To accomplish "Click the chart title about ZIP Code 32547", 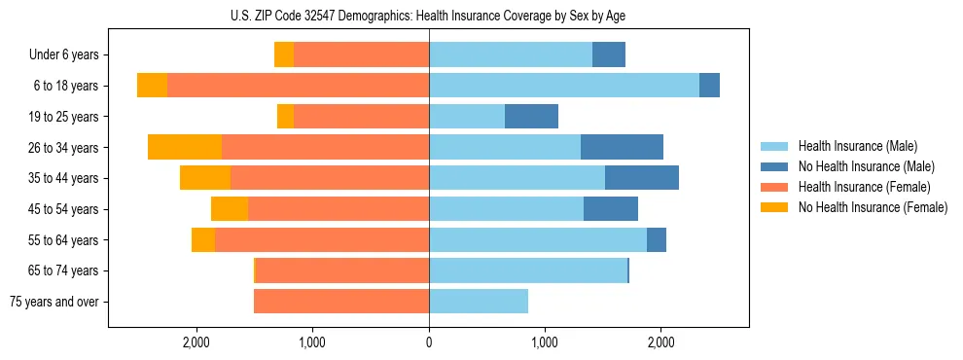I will pos(429,16).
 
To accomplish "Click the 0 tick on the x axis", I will pos(429,342).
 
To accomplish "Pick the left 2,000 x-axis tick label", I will pos(196,342).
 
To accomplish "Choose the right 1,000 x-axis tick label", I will pos(545,342).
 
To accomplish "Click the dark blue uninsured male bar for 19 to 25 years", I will pos(531,117).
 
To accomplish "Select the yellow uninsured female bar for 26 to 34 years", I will pos(185,147).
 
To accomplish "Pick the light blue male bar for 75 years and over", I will pos(479,302).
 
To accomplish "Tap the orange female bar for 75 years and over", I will pos(341,302).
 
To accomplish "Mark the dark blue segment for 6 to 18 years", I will pos(709,86).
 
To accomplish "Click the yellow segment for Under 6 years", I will pos(284,54).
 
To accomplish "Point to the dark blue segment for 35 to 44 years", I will pos(641,178).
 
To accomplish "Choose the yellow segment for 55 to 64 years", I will pos(203,240).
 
